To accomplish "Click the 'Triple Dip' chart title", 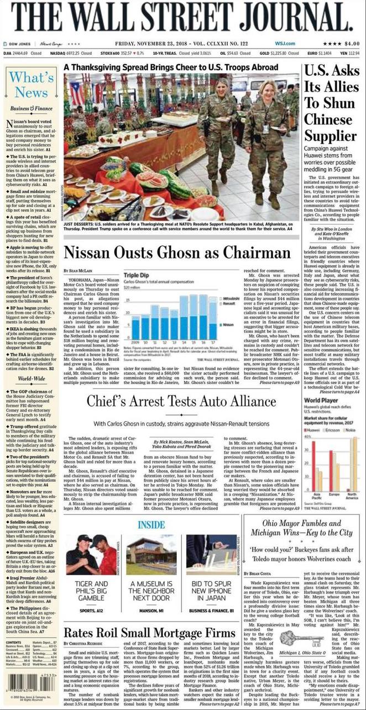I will tap(135, 275).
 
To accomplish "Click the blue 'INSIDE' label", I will tap(151, 524).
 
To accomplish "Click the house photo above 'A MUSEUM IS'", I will tap(151, 555).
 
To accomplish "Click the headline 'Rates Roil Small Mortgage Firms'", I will tap(149, 633).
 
